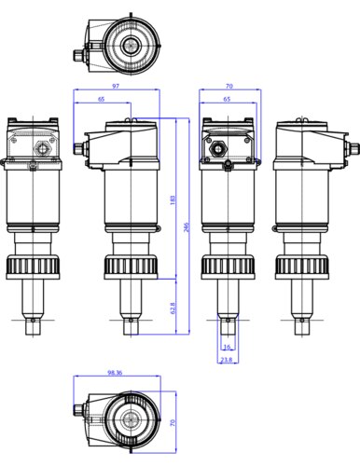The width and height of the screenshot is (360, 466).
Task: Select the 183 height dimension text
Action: pyautogui.click(x=173, y=199)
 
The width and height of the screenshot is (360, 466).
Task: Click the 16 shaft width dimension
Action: pyautogui.click(x=227, y=346)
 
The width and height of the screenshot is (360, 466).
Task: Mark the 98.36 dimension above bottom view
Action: pyautogui.click(x=116, y=372)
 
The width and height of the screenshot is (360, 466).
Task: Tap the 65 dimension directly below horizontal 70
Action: pyautogui.click(x=227, y=98)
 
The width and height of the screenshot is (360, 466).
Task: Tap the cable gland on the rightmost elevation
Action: pyautogui.click(x=353, y=148)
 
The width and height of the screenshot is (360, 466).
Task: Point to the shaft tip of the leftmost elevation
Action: pyautogui.click(x=35, y=326)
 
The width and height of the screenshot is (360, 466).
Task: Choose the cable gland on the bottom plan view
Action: pyautogui.click(x=78, y=411)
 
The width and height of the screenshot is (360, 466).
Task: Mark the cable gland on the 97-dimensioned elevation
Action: pyautogui.click(x=79, y=147)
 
